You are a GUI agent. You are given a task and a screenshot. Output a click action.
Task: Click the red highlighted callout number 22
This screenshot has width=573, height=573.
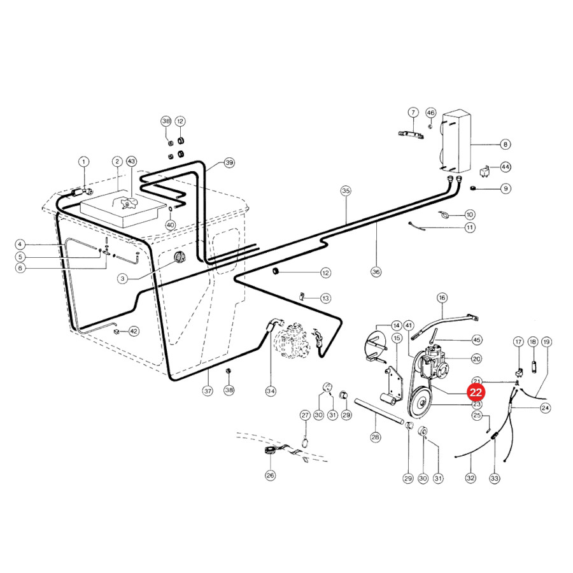point(476,392)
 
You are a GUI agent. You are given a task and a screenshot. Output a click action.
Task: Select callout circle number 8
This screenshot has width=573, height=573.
point(506,145)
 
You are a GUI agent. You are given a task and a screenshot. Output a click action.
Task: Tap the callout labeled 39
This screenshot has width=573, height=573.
point(229,162)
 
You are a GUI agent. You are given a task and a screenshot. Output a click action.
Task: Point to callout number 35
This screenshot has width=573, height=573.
point(346,191)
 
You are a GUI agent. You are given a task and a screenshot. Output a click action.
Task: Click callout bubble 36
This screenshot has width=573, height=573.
point(376,272)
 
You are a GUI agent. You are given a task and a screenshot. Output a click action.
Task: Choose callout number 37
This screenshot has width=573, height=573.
point(208,391)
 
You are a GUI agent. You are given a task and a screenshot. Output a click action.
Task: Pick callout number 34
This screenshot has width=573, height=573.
point(271,391)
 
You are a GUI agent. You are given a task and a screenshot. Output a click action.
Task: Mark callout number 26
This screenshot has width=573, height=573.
point(270,476)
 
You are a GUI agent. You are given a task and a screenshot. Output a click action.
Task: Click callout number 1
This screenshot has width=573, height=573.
point(83,162)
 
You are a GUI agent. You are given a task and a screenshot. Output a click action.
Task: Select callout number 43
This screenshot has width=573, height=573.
point(131,161)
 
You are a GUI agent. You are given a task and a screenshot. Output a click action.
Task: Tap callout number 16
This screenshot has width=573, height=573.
point(442,297)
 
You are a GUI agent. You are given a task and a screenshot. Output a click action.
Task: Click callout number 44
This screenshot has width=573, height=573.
point(506,167)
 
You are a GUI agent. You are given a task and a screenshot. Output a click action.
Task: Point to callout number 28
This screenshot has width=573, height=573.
point(376,437)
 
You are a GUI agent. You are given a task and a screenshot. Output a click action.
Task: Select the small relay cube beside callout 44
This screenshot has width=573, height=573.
point(485,171)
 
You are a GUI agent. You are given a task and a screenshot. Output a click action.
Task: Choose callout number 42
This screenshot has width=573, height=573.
point(134,332)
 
